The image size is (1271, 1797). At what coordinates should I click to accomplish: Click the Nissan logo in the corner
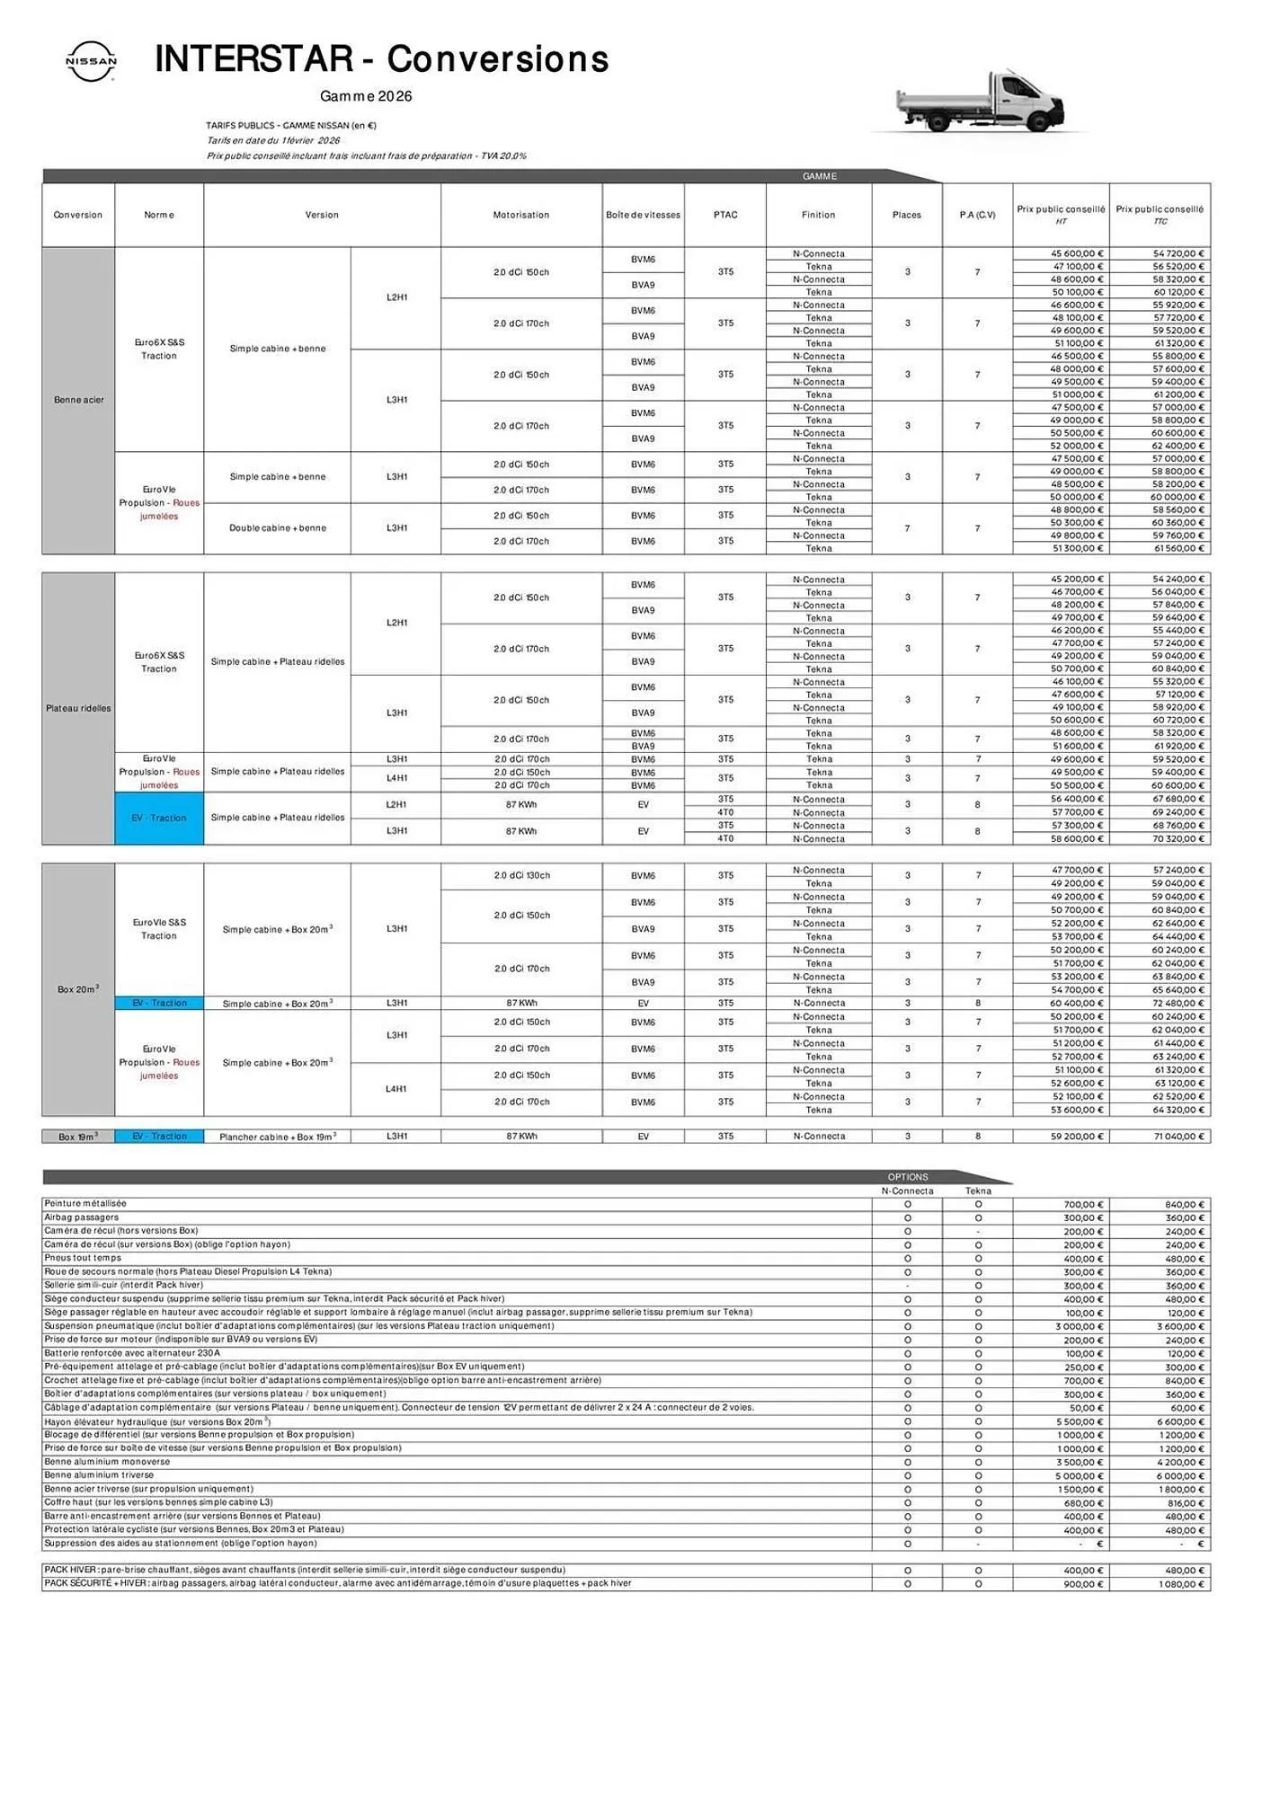91,61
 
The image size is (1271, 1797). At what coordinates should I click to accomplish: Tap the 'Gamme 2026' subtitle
366,96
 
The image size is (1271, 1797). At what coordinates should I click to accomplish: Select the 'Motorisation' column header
520,215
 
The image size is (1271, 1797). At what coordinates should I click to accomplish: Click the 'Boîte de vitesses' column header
643,215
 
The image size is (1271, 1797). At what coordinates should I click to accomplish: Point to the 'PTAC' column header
725,215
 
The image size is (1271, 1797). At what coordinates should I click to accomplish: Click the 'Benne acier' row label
78,400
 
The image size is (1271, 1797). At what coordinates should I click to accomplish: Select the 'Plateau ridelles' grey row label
78,708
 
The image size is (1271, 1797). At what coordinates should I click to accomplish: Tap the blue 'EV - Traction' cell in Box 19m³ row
159,1137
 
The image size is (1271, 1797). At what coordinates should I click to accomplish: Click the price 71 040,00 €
1178,1137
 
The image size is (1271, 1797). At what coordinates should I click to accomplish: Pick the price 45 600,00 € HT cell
1076,254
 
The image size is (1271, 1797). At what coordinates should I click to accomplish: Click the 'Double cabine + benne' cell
277,528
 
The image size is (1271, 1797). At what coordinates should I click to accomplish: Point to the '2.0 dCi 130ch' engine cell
521,875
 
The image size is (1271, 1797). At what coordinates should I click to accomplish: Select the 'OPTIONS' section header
907,1177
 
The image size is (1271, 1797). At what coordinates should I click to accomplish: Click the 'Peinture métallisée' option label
85,1204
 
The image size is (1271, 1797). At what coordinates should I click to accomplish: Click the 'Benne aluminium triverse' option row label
99,1475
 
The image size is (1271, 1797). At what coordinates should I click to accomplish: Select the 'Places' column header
907,215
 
